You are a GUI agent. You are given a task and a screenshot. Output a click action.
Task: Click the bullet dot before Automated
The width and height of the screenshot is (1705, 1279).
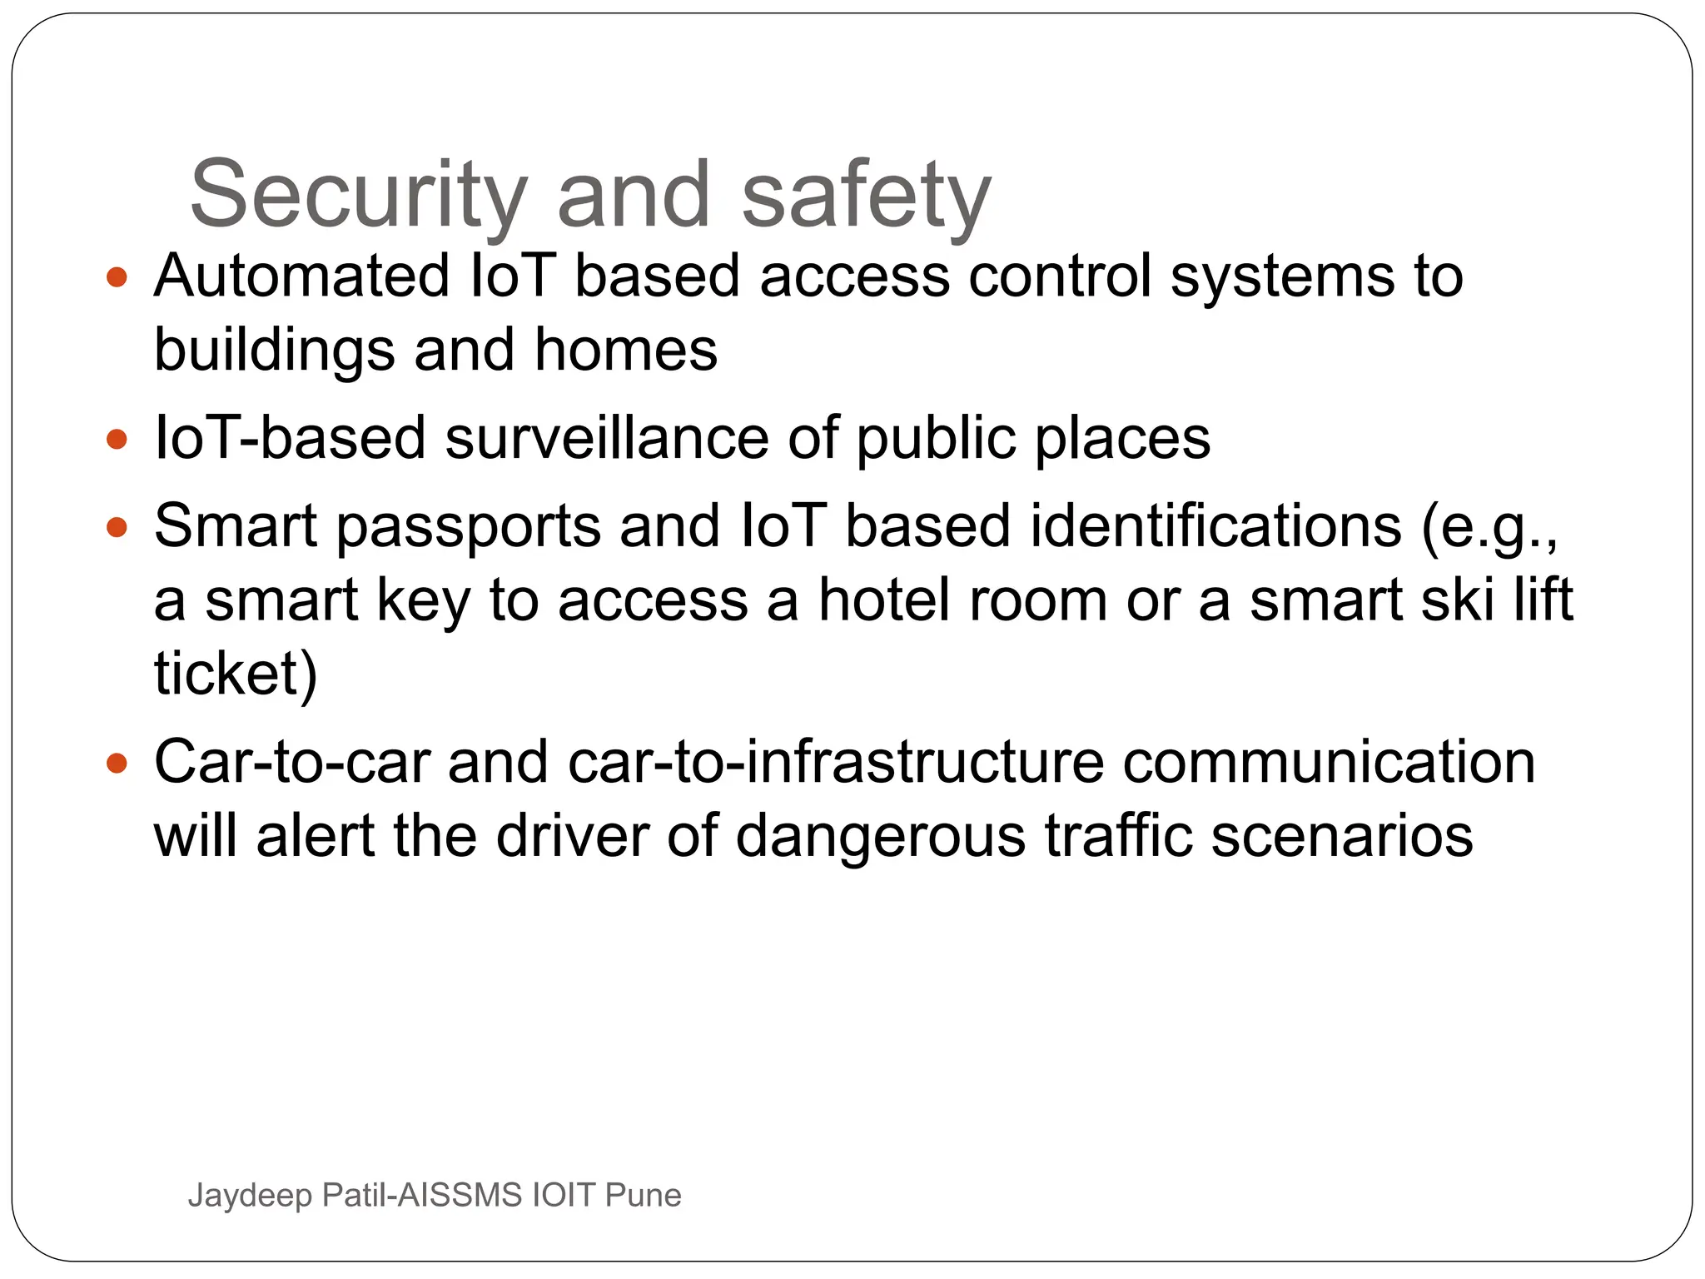pyautogui.click(x=117, y=277)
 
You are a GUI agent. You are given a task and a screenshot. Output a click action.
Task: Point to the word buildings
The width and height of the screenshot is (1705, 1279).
pyautogui.click(x=274, y=351)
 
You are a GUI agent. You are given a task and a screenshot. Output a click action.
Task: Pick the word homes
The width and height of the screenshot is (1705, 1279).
pyautogui.click(x=625, y=350)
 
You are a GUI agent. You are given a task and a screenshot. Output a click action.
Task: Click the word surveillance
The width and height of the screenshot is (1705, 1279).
pyautogui.click(x=607, y=438)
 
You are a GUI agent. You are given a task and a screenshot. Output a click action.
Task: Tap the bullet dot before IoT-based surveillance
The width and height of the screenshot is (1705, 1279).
pyautogui.click(x=117, y=439)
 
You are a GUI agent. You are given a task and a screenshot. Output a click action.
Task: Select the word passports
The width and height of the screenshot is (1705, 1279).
pyautogui.click(x=468, y=527)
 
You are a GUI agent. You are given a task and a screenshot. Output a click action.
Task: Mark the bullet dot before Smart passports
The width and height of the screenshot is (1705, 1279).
pyautogui.click(x=117, y=527)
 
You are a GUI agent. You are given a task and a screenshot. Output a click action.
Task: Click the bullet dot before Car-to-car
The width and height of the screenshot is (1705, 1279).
pyautogui.click(x=117, y=763)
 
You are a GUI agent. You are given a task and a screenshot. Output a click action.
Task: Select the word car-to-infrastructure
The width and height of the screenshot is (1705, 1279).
pyautogui.click(x=835, y=762)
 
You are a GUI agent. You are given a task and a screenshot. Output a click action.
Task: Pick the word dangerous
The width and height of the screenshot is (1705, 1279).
pyautogui.click(x=880, y=836)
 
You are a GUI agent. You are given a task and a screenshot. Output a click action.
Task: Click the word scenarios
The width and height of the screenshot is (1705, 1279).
pyautogui.click(x=1341, y=836)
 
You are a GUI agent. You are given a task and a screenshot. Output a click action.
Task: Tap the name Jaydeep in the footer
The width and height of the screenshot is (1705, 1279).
pyautogui.click(x=250, y=1196)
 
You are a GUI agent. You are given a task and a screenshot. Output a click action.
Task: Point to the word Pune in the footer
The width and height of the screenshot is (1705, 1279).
pyautogui.click(x=643, y=1195)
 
